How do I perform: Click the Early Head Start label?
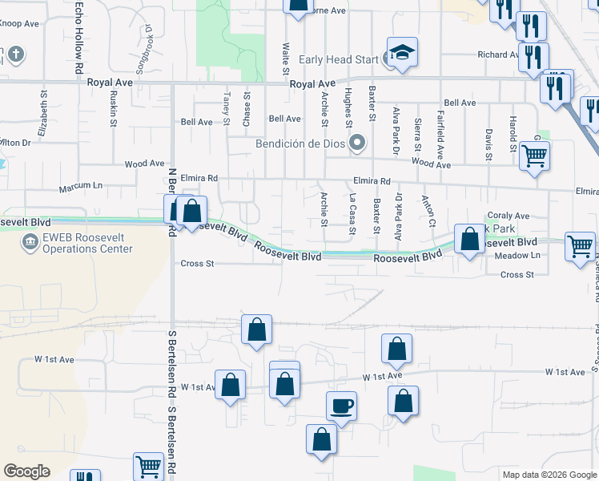(x=339, y=59)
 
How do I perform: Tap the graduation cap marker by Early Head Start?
(x=402, y=54)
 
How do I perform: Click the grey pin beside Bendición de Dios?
(x=358, y=144)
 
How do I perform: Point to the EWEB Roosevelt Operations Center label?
(x=82, y=244)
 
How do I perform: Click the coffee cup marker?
(x=341, y=406)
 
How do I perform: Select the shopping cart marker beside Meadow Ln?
(x=581, y=245)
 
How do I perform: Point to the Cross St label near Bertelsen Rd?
(x=197, y=263)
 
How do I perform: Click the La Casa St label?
(x=352, y=212)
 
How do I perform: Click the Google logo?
(x=26, y=471)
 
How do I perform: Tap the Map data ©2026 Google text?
(x=549, y=475)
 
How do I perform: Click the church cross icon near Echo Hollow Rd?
(x=13, y=55)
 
